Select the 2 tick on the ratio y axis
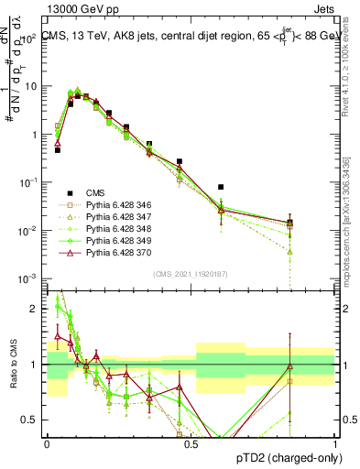pyautogui.click(x=37, y=309)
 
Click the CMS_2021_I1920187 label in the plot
pyautogui.click(x=191, y=274)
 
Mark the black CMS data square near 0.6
pyautogui.click(x=221, y=187)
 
